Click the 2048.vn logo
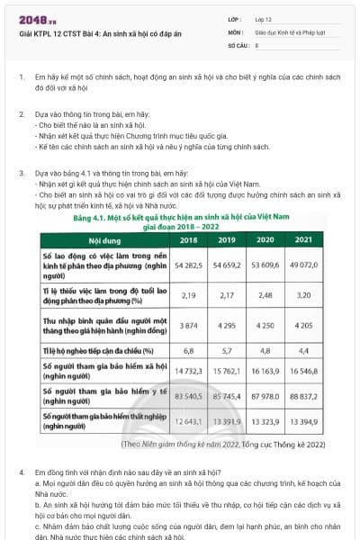point(36,19)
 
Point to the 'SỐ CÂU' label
point(238,43)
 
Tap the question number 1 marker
point(22,78)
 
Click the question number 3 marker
point(22,172)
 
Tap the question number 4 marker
point(22,472)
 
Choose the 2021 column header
point(303,240)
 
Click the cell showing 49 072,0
point(303,266)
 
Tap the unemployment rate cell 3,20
point(303,294)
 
